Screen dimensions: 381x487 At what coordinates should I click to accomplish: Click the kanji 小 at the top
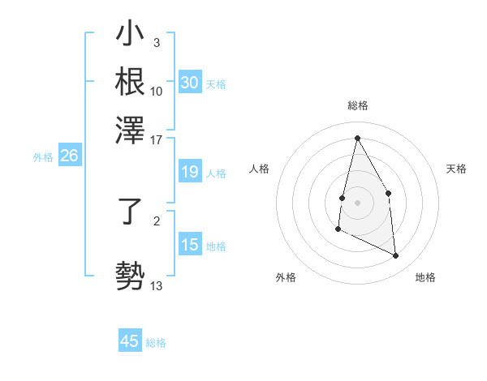130,36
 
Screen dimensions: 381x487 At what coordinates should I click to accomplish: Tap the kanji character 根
130,81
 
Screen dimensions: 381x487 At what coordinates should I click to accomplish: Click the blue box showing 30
189,83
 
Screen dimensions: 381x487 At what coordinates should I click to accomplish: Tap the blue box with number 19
189,172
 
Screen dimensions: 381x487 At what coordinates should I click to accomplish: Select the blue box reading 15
189,246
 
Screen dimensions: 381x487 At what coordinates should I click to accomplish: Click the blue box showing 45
130,341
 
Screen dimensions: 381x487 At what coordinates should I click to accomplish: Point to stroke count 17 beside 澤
157,139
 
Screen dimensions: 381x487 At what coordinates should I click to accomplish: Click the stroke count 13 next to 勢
157,286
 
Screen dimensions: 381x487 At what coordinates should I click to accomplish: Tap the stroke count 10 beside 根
157,92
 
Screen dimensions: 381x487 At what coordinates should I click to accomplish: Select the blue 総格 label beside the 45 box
156,343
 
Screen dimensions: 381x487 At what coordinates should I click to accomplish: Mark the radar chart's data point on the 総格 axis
357,138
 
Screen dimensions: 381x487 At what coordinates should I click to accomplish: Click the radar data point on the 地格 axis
396,256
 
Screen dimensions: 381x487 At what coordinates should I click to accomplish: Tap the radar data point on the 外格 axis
338,229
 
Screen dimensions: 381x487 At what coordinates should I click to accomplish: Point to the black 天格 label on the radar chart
457,169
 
